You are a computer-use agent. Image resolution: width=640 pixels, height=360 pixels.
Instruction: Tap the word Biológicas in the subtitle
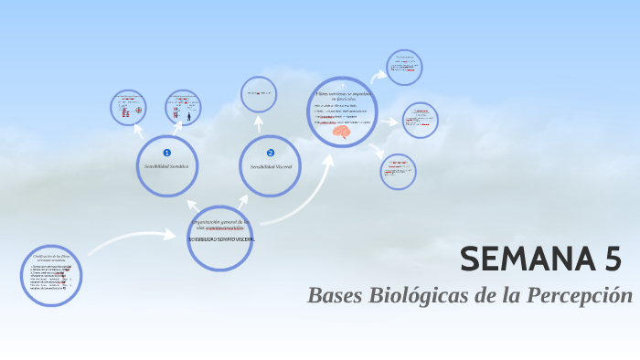427,296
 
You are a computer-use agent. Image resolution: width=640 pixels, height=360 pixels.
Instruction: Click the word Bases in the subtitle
336,296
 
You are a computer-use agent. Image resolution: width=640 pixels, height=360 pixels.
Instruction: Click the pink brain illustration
342,133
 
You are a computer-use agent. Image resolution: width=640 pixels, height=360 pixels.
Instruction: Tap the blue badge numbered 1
166,153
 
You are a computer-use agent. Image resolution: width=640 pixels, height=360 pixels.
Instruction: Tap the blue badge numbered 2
271,153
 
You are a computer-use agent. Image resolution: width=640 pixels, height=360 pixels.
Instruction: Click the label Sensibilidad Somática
166,166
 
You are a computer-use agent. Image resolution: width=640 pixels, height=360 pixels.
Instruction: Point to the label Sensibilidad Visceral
270,167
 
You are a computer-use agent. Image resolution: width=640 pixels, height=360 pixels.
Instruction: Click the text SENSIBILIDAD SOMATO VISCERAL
220,239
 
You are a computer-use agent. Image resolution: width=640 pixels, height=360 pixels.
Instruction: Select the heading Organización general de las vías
219,223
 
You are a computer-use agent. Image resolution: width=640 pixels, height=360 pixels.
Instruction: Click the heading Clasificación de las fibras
51,259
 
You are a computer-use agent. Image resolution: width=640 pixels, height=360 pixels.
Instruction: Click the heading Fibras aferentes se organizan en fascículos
342,95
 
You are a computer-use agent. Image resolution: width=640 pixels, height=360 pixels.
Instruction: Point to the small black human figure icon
189,116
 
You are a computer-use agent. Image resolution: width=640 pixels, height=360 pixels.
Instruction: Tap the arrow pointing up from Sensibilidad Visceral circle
259,123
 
